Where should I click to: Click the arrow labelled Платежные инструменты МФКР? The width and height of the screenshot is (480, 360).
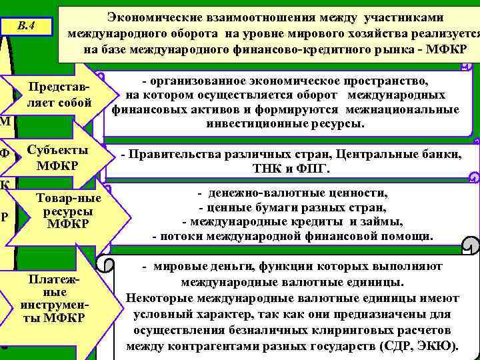pyautogui.click(x=57, y=299)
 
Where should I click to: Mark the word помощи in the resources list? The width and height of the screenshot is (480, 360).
pyautogui.click(x=411, y=236)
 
